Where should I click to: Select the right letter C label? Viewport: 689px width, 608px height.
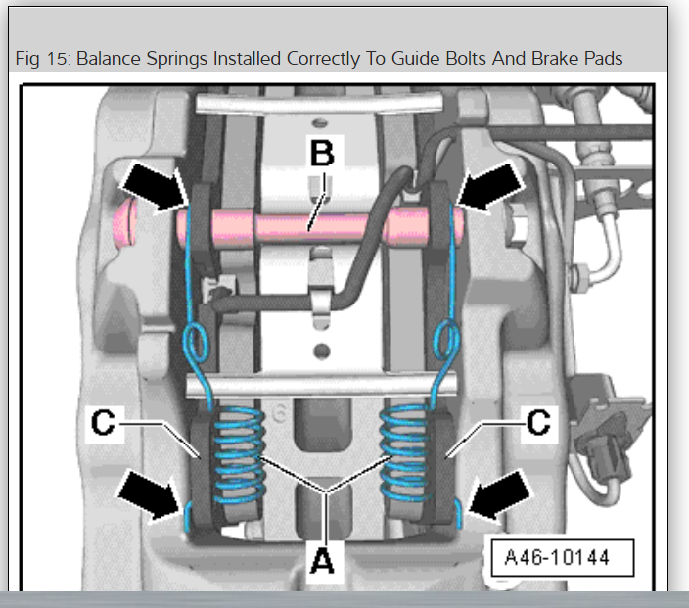(x=537, y=424)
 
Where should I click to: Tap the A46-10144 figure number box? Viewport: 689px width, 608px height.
(x=557, y=558)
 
